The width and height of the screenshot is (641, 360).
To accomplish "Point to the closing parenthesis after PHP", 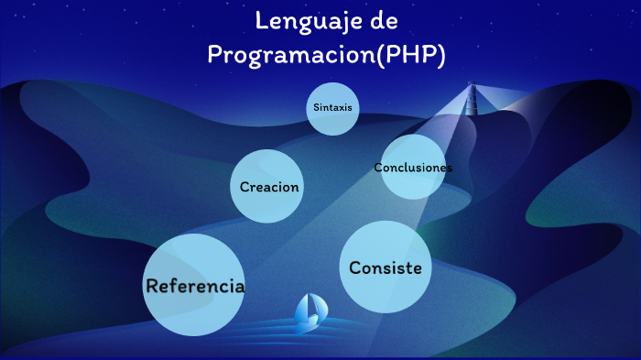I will coord(441,55).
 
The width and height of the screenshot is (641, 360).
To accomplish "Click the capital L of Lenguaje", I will coord(261,19).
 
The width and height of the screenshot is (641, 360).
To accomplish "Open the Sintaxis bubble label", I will coord(332,107).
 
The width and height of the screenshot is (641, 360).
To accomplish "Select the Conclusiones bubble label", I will coord(413,168).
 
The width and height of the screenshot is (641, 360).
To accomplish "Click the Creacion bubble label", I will coord(269,187).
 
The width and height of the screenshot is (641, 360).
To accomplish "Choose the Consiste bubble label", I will coord(386,267).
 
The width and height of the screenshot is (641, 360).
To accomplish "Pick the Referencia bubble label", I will coord(195,285).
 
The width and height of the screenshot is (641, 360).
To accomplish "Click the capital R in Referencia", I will coord(153,285).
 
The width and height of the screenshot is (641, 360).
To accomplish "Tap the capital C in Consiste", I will coord(356,267).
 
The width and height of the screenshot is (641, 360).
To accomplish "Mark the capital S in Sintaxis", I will coord(316,107).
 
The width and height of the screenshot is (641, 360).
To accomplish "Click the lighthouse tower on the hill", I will coord(473,103).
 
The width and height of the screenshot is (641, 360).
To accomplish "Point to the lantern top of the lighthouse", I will coord(473,88).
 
